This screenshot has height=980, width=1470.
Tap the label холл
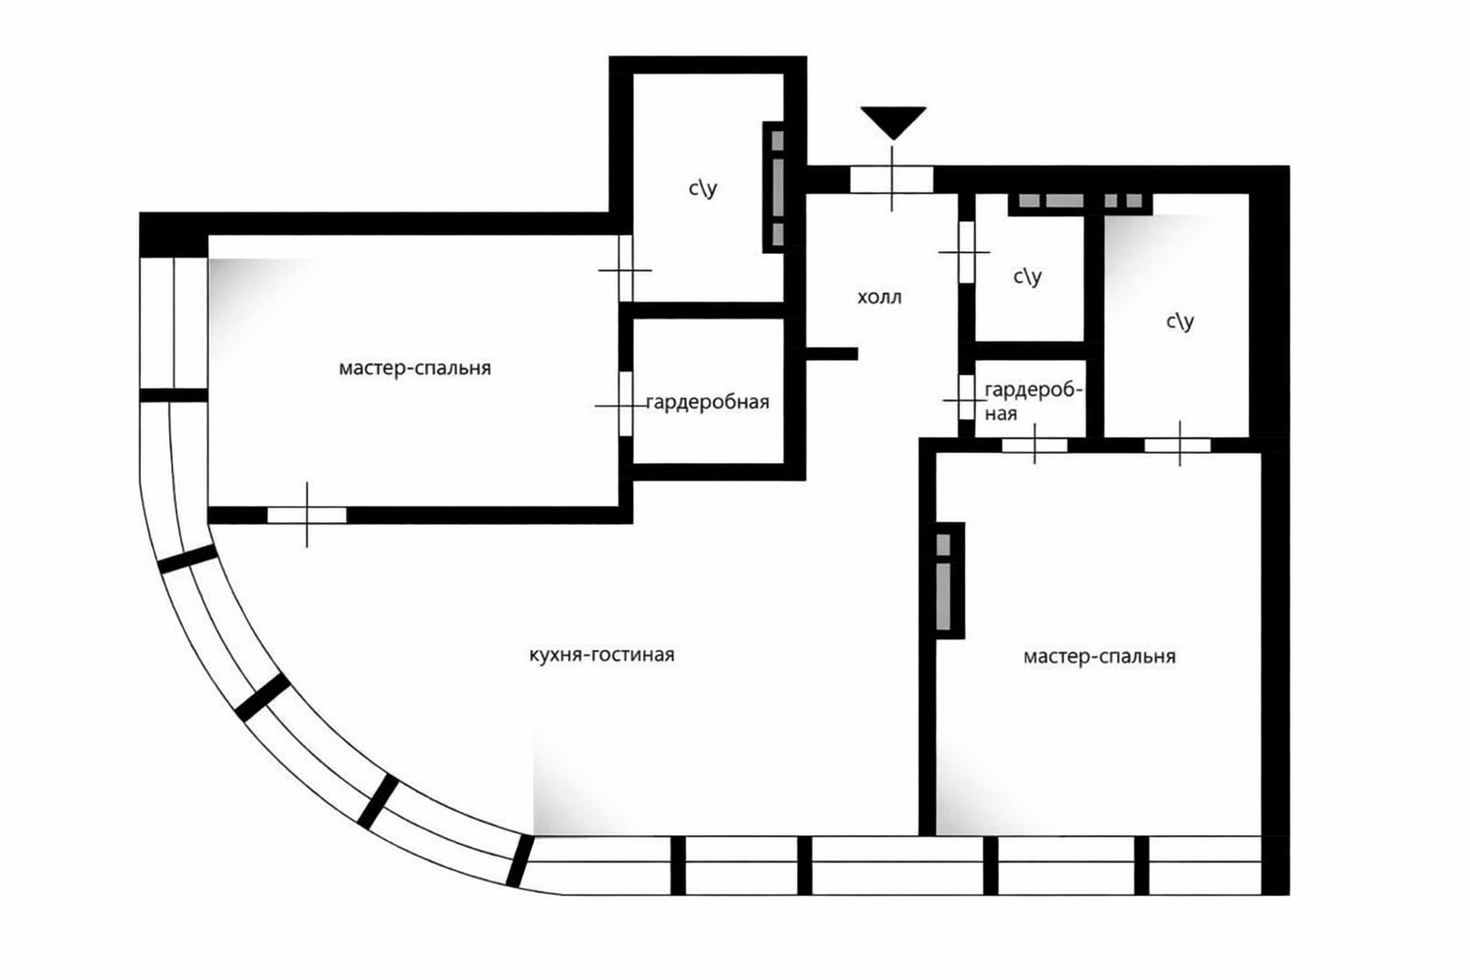pos(880,298)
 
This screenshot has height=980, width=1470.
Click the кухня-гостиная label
pos(602,655)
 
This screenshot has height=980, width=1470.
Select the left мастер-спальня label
pos(414,368)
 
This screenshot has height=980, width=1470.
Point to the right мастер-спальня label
pos(1100,657)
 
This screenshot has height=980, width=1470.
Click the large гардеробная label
pos(707,402)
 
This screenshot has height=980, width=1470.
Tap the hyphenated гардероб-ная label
pos(1034,402)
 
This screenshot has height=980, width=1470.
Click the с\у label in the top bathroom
pos(702,189)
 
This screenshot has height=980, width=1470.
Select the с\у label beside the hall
pos(1028,277)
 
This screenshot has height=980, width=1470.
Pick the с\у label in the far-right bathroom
pos(1180,321)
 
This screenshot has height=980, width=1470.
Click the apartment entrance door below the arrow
pos(892,179)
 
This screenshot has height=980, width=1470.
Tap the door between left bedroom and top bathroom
pos(625,269)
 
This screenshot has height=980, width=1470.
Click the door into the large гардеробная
pos(625,404)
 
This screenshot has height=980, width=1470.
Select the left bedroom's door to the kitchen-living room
pos(306,515)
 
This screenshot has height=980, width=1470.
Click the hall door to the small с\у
pos(966,252)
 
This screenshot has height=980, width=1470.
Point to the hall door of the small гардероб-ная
pos(966,397)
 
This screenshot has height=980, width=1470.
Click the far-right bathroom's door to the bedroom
pos(1178,445)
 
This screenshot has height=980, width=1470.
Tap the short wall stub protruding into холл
pos(832,354)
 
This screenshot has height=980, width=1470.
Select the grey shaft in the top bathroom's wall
pos(777,187)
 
